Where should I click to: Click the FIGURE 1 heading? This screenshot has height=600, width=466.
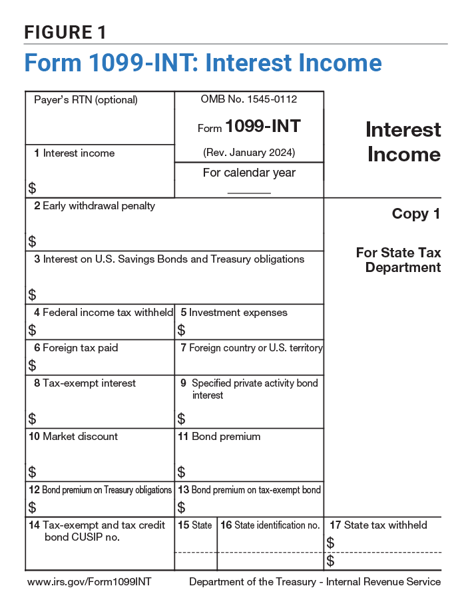65,32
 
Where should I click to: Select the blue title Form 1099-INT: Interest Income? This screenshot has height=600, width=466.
203,63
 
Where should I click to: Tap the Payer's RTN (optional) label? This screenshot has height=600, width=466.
86,100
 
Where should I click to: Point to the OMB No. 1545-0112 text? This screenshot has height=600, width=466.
249,99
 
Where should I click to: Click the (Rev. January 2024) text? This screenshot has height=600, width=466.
249,153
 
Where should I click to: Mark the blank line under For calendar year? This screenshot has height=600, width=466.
249,192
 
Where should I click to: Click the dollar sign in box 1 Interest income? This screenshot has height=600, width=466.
32,188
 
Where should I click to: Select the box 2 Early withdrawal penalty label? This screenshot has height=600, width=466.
95,206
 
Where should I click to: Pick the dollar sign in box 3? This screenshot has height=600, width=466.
32,294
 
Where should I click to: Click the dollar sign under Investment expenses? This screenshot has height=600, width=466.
181,329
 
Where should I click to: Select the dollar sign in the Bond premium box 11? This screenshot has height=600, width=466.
181,472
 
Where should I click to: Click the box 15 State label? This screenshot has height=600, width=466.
195,525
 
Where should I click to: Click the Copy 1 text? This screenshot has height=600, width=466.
416,214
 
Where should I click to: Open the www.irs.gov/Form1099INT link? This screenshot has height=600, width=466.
89,582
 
